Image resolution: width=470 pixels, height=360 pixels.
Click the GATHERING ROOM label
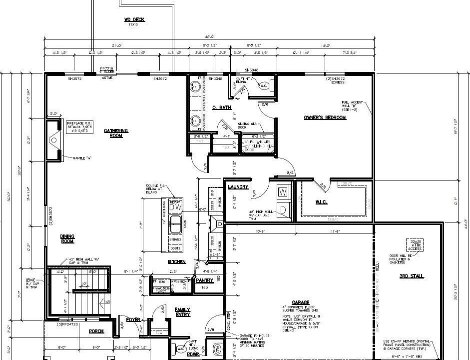(x=116, y=133)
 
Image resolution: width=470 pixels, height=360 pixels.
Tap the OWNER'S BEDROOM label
(x=325, y=117)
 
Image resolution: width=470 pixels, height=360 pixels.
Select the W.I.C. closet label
(x=321, y=202)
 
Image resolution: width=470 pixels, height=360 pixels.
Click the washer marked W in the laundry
(x=283, y=192)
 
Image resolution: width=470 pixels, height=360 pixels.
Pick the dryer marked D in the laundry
(x=283, y=209)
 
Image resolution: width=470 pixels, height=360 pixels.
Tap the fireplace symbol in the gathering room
(x=54, y=140)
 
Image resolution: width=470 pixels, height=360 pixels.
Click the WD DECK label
(x=134, y=19)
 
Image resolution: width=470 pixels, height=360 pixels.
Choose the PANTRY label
(x=205, y=280)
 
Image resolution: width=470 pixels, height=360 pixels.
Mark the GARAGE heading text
(x=301, y=302)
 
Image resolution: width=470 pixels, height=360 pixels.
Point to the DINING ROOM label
(x=67, y=239)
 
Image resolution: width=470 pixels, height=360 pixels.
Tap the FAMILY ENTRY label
(x=182, y=312)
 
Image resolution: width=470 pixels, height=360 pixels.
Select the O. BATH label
(x=221, y=107)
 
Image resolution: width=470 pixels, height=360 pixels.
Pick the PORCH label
(x=96, y=331)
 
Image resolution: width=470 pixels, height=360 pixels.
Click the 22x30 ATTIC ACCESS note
(x=416, y=244)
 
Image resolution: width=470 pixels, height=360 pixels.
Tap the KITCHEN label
(x=177, y=261)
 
